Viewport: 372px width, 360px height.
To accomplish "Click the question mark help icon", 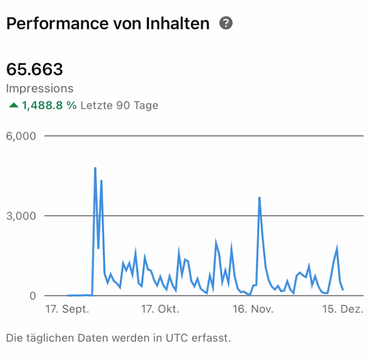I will [x=226, y=23].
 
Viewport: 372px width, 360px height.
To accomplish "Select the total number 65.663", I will [x=34, y=69].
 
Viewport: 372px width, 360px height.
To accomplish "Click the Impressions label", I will [x=40, y=88].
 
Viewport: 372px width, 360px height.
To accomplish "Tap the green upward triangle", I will [x=13, y=106].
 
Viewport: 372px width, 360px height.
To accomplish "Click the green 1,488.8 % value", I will [x=49, y=106].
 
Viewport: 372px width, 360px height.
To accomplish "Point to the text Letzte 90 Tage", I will [x=119, y=106].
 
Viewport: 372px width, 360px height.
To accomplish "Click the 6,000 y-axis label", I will [x=20, y=136].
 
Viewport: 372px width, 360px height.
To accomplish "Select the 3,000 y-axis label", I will [x=20, y=216].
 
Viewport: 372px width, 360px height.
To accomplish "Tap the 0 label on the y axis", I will [x=33, y=295].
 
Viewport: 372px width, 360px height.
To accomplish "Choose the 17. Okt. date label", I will [x=160, y=310].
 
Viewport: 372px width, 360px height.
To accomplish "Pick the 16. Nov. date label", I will [x=253, y=310].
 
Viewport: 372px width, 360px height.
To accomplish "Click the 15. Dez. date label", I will [x=342, y=310].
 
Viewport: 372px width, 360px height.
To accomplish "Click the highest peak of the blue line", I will [x=95, y=168].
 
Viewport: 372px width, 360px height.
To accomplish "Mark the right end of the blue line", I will [x=343, y=289].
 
